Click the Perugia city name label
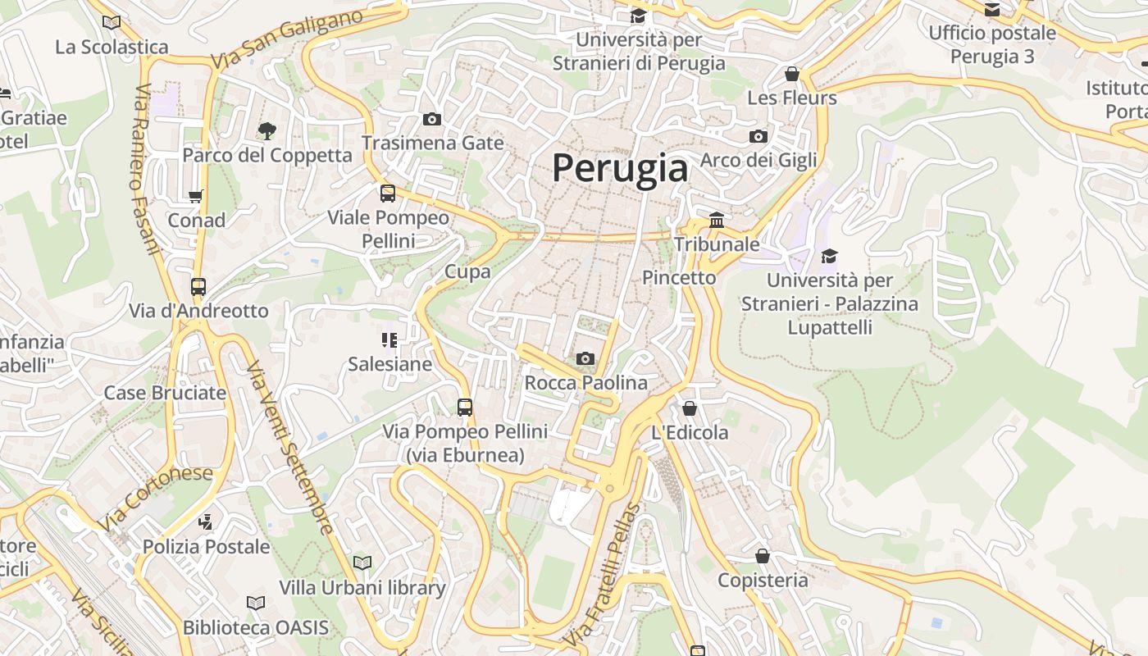(620, 168)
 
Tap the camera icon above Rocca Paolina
(585, 358)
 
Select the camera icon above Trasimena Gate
(432, 120)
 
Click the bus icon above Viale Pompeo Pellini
(388, 194)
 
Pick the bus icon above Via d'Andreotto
(198, 286)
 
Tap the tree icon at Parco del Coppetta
(266, 130)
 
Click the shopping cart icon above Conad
(196, 196)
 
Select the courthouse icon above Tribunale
(717, 220)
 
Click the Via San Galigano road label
(286, 39)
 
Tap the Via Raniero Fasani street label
(146, 169)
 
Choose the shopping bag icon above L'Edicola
(690, 408)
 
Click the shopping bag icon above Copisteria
(763, 556)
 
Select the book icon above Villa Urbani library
(362, 563)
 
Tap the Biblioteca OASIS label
(255, 628)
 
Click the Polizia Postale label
(206, 546)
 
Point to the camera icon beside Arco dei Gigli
(758, 136)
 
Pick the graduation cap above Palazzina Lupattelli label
(830, 256)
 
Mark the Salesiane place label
(389, 363)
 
